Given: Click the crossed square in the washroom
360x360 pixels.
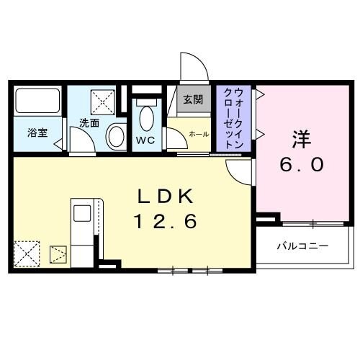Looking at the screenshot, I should click(x=102, y=100).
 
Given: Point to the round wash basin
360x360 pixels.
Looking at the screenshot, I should click(x=115, y=136).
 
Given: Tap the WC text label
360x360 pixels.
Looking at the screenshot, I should click(x=145, y=140).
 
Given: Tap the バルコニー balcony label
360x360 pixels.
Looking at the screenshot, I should click(x=302, y=246).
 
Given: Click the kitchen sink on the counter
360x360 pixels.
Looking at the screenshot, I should click(x=81, y=212).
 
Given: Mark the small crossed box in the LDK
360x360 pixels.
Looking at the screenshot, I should click(x=58, y=253).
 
